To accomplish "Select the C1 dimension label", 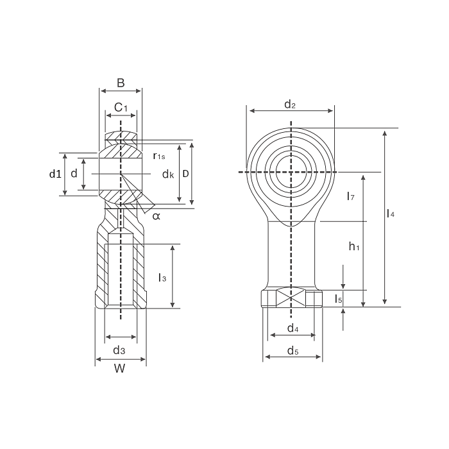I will (121, 106).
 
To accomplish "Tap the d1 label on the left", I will (55, 174).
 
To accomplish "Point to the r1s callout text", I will (159, 156).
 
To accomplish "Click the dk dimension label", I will (168, 174).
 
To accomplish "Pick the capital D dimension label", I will (185, 174).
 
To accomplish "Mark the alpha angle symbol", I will (157, 216).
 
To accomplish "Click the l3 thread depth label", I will (162, 277).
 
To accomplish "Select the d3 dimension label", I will (119, 350).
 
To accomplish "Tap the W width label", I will (119, 368).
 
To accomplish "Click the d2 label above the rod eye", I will (289, 104).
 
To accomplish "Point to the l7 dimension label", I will (350, 196).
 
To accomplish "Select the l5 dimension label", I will (339, 298).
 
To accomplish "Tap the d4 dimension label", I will (292, 328).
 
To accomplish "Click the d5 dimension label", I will (292, 350).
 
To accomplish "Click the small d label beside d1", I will (74, 174).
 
